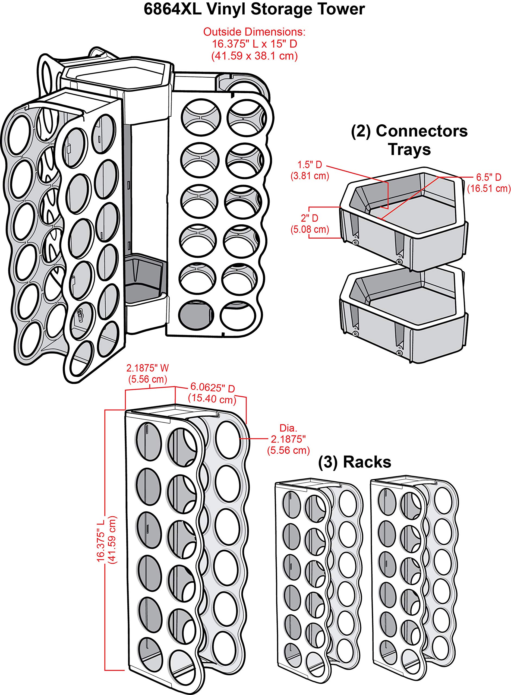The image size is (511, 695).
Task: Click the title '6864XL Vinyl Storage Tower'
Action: point(254,9)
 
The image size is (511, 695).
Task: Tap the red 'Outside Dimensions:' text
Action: point(254,32)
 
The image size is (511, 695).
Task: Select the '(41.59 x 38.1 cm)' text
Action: point(254,56)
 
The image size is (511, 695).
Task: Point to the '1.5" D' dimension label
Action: point(310,164)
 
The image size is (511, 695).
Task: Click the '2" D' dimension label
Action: point(310,218)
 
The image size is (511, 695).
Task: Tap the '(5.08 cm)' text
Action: point(310,229)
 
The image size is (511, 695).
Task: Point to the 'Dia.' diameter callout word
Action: point(288,428)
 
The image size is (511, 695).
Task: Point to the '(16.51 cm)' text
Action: point(489,188)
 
